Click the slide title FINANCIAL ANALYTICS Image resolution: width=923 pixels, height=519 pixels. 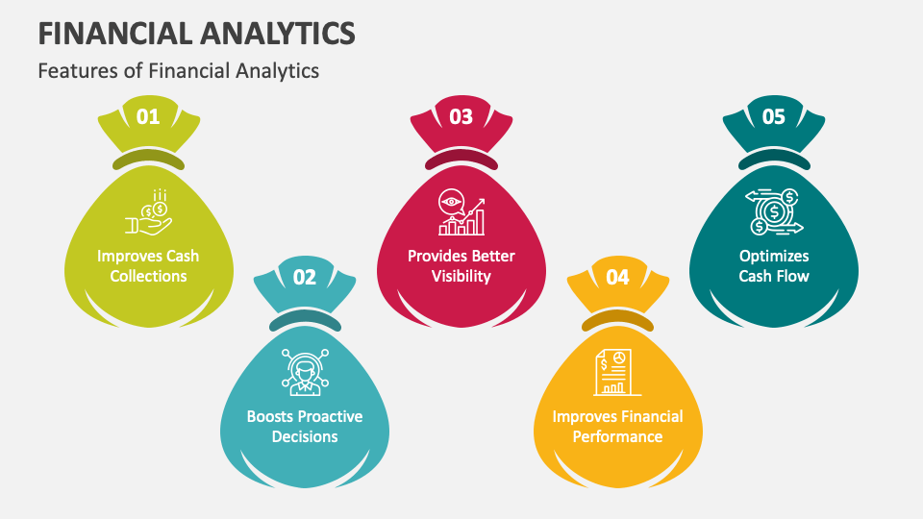pyautogui.click(x=197, y=34)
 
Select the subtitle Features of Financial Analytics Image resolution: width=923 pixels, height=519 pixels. pyautogui.click(x=179, y=70)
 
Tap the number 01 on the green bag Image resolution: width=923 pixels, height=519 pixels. pyautogui.click(x=148, y=117)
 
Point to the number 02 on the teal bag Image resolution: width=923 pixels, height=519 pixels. pyautogui.click(x=304, y=278)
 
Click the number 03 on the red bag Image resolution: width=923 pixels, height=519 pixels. pyautogui.click(x=461, y=117)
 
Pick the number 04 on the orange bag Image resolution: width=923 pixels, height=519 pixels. pyautogui.click(x=617, y=278)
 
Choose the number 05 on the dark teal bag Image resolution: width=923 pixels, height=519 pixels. pyautogui.click(x=773, y=117)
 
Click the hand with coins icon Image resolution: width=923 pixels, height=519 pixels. pyautogui.click(x=148, y=213)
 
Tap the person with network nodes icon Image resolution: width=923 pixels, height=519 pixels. pyautogui.click(x=305, y=371)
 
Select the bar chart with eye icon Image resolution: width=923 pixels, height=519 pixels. pyautogui.click(x=461, y=212)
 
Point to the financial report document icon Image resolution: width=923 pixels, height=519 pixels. pyautogui.click(x=617, y=372)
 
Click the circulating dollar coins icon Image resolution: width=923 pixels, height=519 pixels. pyautogui.click(x=774, y=212)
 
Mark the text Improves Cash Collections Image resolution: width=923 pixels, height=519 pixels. pyautogui.click(x=148, y=266)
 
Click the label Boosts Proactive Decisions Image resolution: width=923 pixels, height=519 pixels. pyautogui.click(x=305, y=426)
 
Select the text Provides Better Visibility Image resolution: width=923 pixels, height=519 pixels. pyautogui.click(x=461, y=266)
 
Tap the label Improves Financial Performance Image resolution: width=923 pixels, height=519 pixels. pyautogui.click(x=617, y=426)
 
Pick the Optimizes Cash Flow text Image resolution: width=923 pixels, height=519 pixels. pyautogui.click(x=774, y=266)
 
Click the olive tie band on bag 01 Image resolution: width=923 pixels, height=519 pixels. pyautogui.click(x=148, y=160)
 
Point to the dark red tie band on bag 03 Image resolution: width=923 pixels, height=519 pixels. pyautogui.click(x=461, y=160)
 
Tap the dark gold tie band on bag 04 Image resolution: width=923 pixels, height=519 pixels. pyautogui.click(x=617, y=319)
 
